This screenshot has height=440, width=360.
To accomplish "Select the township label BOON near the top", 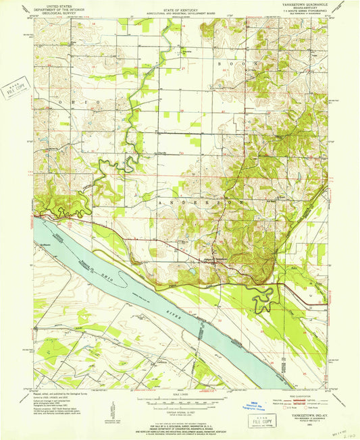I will [229, 62].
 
